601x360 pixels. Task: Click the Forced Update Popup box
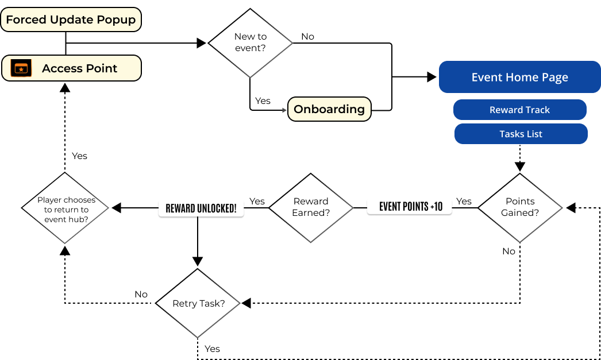pyautogui.click(x=71, y=20)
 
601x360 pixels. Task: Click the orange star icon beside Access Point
pyautogui.click(x=21, y=68)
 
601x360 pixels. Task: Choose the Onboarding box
pyautogui.click(x=329, y=109)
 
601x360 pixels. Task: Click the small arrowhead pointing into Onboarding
pyautogui.click(x=284, y=110)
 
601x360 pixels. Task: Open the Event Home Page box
pyautogui.click(x=519, y=77)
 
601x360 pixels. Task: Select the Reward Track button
pyautogui.click(x=519, y=110)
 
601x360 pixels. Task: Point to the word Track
pyautogui.click(x=537, y=110)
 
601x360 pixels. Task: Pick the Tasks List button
pyautogui.click(x=521, y=134)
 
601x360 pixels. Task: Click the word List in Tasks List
pyautogui.click(x=534, y=134)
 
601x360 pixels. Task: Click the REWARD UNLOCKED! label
pyautogui.click(x=201, y=208)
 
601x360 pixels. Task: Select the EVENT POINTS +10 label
pyautogui.click(x=410, y=206)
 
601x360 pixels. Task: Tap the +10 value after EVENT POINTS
pyautogui.click(x=436, y=206)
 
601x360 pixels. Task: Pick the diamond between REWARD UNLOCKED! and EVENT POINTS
pyautogui.click(x=311, y=208)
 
